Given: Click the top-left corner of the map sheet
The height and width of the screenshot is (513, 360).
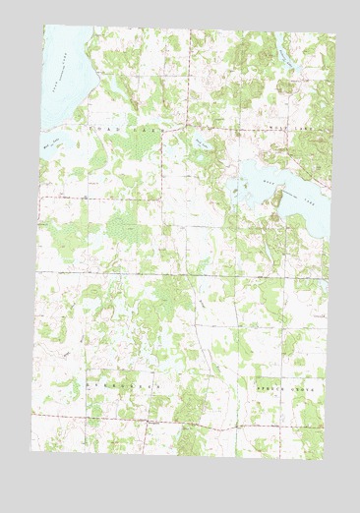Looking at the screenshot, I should pos(44,25).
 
